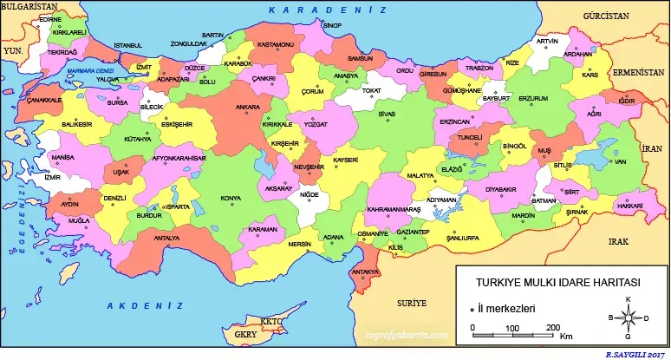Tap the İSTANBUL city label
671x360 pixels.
coord(127,45)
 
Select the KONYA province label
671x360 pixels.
coord(231,199)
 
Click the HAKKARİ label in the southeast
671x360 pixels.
coord(630,206)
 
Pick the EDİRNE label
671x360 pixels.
coord(51,18)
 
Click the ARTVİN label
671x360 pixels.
coord(547,41)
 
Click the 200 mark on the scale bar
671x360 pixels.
coord(551,327)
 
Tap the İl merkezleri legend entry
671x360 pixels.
coord(506,307)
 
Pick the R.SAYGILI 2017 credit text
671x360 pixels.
coord(637,355)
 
